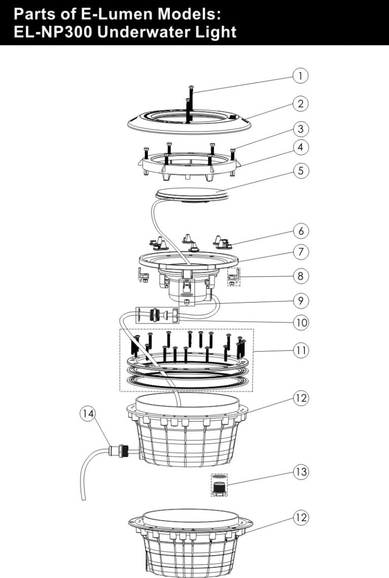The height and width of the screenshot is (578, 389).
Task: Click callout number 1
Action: [301, 76]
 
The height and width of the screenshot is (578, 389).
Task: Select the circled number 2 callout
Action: [301, 104]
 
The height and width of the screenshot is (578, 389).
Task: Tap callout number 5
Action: [301, 171]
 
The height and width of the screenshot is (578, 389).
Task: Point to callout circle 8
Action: [301, 276]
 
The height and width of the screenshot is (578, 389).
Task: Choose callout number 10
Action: [301, 322]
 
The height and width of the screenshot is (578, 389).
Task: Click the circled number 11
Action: [301, 351]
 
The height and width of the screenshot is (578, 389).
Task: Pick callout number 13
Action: [301, 472]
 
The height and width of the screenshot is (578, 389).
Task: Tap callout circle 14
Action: [88, 414]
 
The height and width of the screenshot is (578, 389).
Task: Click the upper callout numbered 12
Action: [301, 398]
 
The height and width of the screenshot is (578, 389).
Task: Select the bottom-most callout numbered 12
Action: [301, 518]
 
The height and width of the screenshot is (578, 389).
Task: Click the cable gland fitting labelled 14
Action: [120, 449]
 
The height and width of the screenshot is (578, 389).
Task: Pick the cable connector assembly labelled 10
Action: [157, 315]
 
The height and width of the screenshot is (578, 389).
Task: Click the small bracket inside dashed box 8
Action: [234, 277]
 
